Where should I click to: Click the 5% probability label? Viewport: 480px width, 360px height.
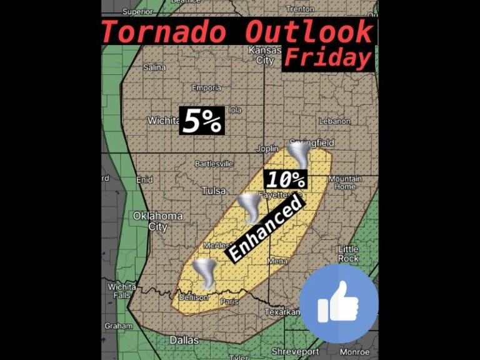pos(201,121)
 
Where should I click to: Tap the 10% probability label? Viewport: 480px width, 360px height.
pos(286,180)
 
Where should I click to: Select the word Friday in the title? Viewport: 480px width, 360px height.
pos(327,58)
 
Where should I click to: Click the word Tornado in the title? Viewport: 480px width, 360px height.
pos(169,31)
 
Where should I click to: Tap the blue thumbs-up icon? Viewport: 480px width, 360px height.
pos(339,304)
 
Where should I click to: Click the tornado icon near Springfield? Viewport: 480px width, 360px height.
pos(297,154)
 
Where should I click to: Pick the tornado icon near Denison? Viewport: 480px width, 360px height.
pos(204,273)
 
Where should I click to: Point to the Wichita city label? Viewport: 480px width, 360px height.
pos(164,120)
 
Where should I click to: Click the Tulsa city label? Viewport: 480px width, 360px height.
pos(214,190)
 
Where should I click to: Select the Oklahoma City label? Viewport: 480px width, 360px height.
pos(149,221)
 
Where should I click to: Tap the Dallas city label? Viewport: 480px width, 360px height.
pos(184,340)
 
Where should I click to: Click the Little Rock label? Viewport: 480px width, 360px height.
pos(348,253)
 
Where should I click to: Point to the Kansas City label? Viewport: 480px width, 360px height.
pos(261,55)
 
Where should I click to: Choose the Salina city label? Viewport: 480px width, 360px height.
pos(154,67)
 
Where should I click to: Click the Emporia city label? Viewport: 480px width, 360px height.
pos(206,88)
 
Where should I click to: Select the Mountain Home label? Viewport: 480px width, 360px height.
pos(345,182)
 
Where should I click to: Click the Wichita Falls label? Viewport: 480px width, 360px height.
pos(121,291)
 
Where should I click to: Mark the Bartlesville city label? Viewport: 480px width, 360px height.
pos(214,164)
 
